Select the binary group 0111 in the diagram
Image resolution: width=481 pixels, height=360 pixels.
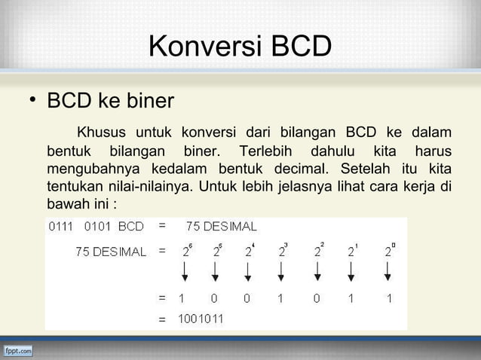[x=61, y=225]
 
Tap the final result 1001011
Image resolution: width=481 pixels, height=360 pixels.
[x=200, y=319]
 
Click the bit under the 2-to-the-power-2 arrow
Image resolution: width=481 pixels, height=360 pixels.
[x=317, y=298]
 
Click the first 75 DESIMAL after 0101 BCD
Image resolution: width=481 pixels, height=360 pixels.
[x=221, y=225]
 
